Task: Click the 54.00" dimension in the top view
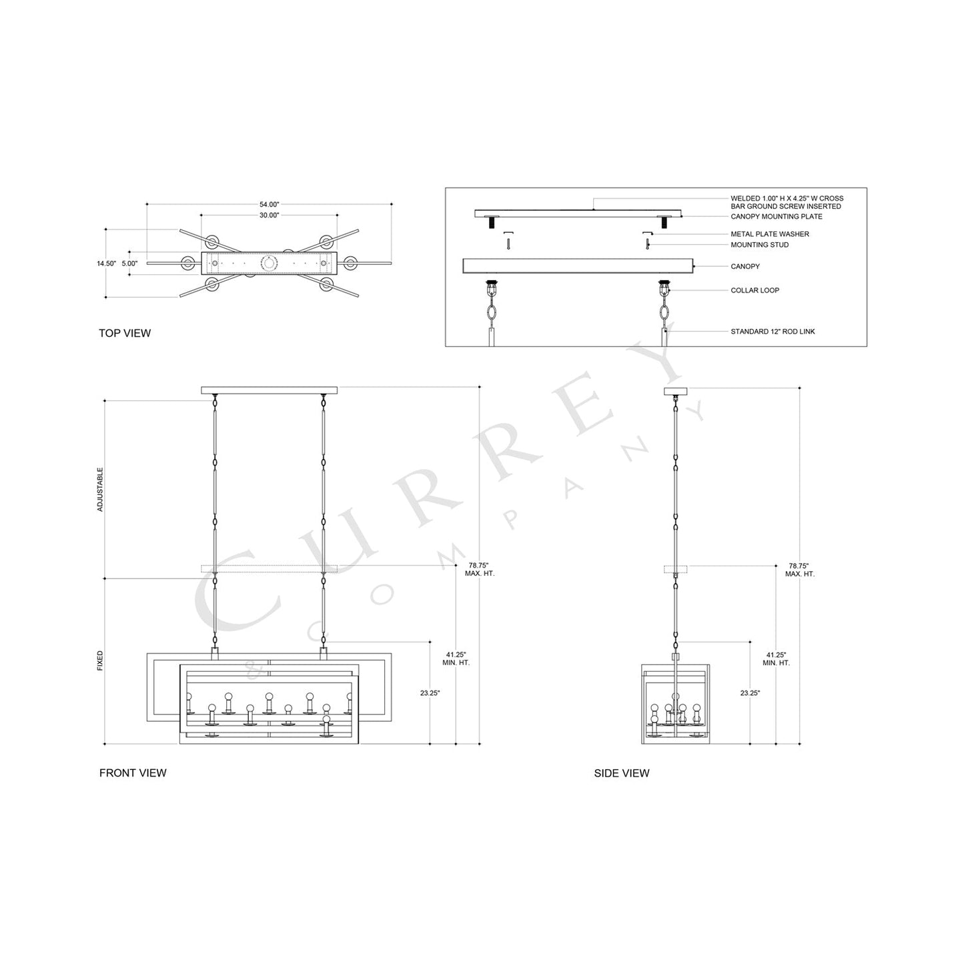click(x=269, y=204)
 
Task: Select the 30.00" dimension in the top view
click(x=269, y=215)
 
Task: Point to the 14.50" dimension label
click(x=106, y=264)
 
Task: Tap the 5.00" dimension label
click(x=129, y=264)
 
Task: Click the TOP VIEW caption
click(x=125, y=333)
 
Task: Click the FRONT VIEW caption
click(x=133, y=773)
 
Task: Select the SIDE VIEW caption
click(x=621, y=773)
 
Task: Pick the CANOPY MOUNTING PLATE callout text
click(x=776, y=217)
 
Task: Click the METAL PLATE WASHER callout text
click(x=769, y=234)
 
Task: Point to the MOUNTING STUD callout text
click(x=759, y=245)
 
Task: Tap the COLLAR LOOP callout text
click(x=755, y=290)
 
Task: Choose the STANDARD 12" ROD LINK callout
click(x=773, y=332)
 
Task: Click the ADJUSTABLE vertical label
click(x=101, y=489)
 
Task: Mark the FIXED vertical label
click(x=101, y=660)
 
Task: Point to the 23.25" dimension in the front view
click(x=430, y=693)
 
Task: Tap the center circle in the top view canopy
click(x=270, y=264)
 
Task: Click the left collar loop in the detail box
click(x=492, y=290)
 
